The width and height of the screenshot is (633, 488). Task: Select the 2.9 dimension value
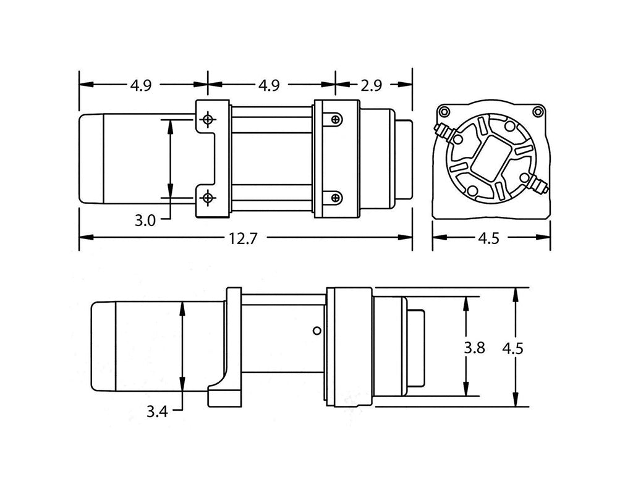pyautogui.click(x=373, y=85)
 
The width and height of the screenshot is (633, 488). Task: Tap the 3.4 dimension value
pyautogui.click(x=158, y=410)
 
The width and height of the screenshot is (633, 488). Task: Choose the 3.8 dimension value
pyautogui.click(x=474, y=347)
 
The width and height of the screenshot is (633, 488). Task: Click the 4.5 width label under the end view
pyautogui.click(x=488, y=238)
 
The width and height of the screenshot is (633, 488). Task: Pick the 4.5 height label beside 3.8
pyautogui.click(x=512, y=348)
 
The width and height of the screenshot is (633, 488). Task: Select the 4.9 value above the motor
pyautogui.click(x=141, y=85)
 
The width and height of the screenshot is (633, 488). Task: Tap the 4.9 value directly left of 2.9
pyautogui.click(x=268, y=85)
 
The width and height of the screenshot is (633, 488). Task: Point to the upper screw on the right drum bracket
pyautogui.click(x=335, y=119)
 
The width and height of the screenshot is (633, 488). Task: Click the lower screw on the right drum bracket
pyautogui.click(x=335, y=198)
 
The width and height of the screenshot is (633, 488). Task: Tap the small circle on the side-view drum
pyautogui.click(x=316, y=330)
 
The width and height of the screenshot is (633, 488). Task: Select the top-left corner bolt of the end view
pyautogui.click(x=443, y=112)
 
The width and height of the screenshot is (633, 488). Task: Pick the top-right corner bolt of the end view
pyautogui.click(x=538, y=112)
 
